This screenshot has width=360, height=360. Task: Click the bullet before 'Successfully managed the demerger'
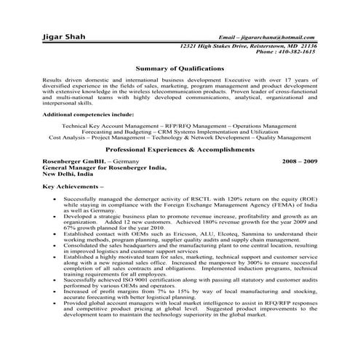(57, 199)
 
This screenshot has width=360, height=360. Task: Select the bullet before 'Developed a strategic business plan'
(57, 217)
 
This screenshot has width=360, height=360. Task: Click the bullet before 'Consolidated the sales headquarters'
(57, 245)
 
